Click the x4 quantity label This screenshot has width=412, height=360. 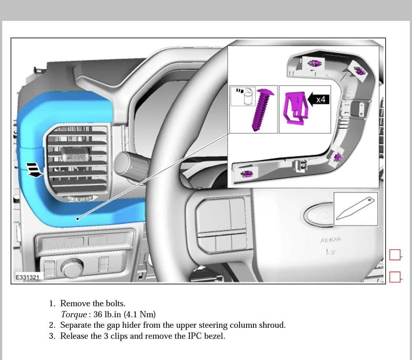click(321, 99)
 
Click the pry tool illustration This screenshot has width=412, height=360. click(355, 209)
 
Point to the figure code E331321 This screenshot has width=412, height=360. click(27, 277)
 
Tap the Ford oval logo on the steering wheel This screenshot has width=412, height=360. click(319, 214)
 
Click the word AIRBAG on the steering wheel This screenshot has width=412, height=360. click(330, 240)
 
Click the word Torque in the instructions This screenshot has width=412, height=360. click(74, 314)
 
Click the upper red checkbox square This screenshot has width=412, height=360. click(395, 255)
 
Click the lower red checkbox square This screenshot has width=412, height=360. click(395, 277)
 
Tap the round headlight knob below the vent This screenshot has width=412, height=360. click(72, 268)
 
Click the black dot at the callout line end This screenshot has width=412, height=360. click(78, 219)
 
